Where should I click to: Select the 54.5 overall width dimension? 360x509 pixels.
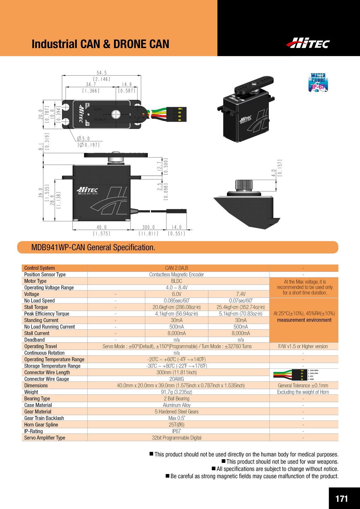click(101, 73)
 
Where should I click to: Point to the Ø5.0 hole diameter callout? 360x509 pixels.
click(84, 139)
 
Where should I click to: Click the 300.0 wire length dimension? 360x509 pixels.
click(148, 227)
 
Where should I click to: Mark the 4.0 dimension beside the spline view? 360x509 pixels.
click(273, 173)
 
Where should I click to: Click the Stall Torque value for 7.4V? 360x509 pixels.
click(241, 307)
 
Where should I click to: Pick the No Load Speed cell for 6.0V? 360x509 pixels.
click(176, 301)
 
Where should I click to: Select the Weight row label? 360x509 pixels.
click(31, 392)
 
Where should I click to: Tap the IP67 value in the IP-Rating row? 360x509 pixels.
click(176, 431)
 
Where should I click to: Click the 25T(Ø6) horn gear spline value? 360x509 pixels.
click(176, 425)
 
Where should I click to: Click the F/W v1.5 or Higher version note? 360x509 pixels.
click(303, 346)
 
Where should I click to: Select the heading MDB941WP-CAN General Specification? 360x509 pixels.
click(93, 247)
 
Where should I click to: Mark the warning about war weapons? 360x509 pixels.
click(282, 462)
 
